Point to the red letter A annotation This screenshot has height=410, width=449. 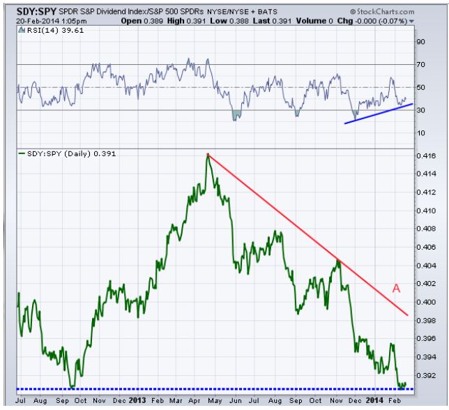[x=395, y=287]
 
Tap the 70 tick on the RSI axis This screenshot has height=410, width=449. [x=420, y=64]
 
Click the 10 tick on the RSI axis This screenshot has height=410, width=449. [x=420, y=132]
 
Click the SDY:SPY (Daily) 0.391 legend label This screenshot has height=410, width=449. [x=63, y=152]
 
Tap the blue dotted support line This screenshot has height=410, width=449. [x=209, y=388]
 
